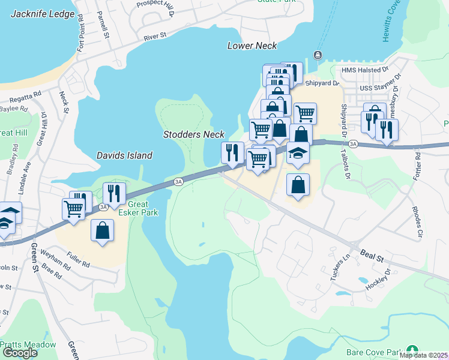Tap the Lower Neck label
pyautogui.click(x=252, y=46)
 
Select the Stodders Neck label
pyautogui.click(x=194, y=134)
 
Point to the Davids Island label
pyautogui.click(x=124, y=155)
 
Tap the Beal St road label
pyautogui.click(x=372, y=256)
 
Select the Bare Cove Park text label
pyautogui.click(x=373, y=352)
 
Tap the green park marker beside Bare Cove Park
pyautogui.click(x=412, y=349)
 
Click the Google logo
pyautogui.click(x=20, y=352)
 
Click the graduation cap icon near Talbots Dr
pyautogui.click(x=298, y=154)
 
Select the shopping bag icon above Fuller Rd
pyautogui.click(x=103, y=230)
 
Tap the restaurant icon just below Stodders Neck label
pyautogui.click(x=232, y=152)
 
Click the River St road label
pyautogui.click(x=155, y=37)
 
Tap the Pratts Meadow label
pyautogui.click(x=28, y=345)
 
